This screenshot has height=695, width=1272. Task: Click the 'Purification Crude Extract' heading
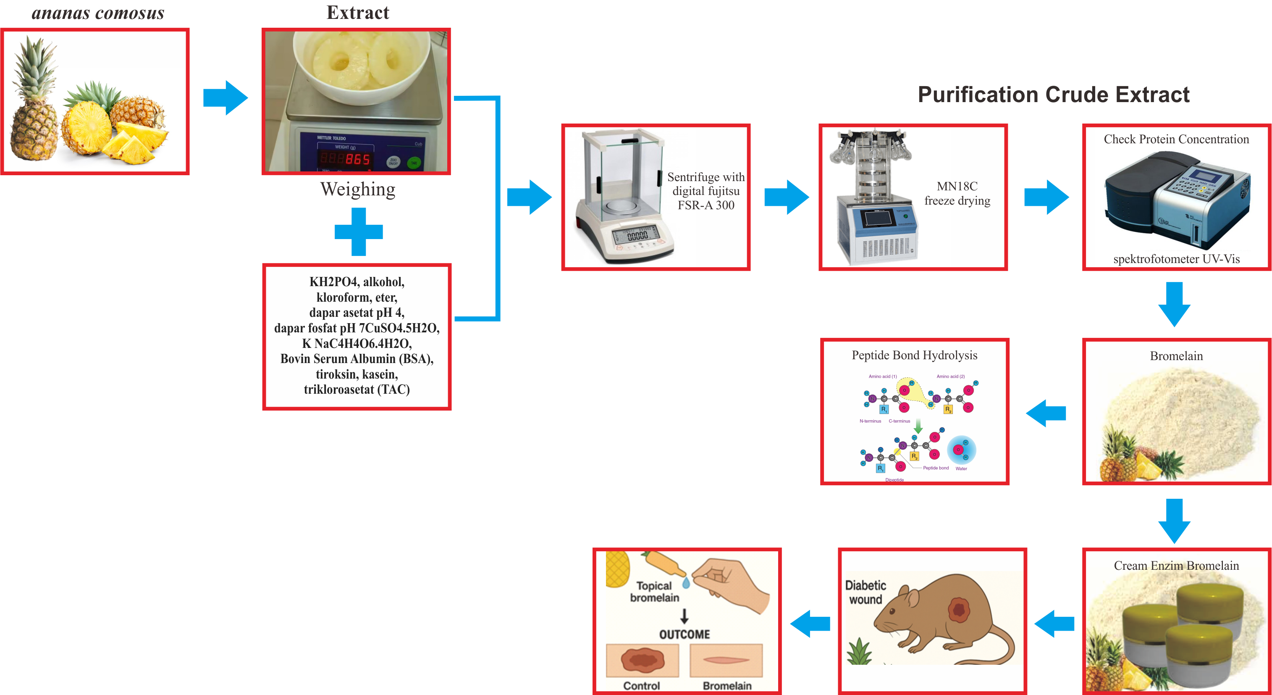coord(1053,95)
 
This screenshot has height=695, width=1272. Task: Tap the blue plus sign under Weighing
coord(359,232)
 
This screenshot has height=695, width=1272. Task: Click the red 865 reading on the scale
coord(357,159)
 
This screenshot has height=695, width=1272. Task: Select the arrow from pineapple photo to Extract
coord(226,98)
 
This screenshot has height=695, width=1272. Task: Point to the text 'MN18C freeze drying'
coord(957,193)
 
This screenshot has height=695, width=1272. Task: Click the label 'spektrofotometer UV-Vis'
coord(1176,259)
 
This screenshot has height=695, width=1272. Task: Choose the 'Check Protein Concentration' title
coord(1176,140)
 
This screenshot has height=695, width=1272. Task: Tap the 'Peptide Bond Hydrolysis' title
coord(914,355)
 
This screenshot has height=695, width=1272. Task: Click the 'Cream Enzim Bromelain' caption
coord(1176,566)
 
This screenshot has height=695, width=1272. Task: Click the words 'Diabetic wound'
coord(865,592)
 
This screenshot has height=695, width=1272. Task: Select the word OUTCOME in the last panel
coord(685,634)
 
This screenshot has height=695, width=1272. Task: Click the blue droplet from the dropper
coord(686,583)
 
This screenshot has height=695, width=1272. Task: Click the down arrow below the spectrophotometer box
coord(1174,304)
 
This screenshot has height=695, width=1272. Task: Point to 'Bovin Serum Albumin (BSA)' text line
coord(357,358)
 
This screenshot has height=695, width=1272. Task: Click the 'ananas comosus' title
coord(98,13)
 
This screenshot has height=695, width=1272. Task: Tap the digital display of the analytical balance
coord(637,235)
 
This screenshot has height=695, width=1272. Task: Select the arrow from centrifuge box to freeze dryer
coord(786,197)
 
